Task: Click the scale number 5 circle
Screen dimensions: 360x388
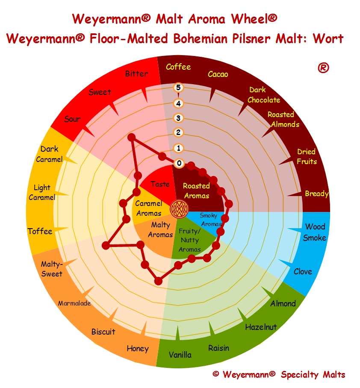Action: coord(178,88)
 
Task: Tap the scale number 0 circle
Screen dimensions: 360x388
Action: coord(179,163)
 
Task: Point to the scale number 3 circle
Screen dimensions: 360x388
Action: coord(178,118)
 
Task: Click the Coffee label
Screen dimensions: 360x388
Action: coord(178,67)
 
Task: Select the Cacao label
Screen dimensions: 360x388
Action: coord(218,74)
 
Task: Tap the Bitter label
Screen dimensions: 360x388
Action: coord(136,73)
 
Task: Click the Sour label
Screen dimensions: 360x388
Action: coord(72,119)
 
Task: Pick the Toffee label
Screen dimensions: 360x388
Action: coord(40,231)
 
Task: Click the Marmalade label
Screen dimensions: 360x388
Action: coord(74,303)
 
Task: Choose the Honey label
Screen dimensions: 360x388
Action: coord(138,349)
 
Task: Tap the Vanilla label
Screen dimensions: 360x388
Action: coord(180,355)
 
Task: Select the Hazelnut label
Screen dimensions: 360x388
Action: coord(261,327)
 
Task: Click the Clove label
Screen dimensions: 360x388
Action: coord(303,271)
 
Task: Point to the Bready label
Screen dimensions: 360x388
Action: coord(317,194)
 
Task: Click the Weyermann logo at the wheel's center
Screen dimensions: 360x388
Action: coord(179,209)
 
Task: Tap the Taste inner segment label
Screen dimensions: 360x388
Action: coord(160,184)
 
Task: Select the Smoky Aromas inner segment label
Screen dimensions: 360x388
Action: coord(211,220)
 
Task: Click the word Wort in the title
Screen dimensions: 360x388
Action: coord(328,38)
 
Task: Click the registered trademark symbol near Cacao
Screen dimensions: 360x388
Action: coord(323,68)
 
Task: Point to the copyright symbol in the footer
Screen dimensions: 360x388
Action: coord(215,373)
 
